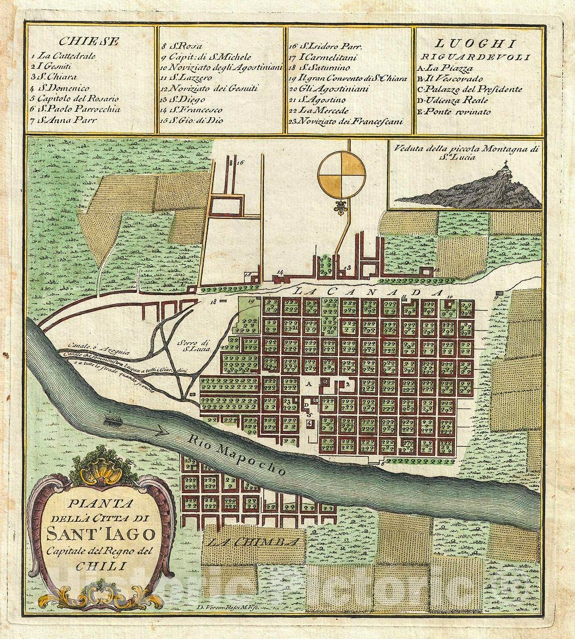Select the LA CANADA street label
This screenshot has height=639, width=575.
(368, 292)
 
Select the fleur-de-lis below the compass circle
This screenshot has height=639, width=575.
(341, 208)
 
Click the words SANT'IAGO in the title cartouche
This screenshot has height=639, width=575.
(101, 532)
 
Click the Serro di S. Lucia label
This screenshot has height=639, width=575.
(192, 345)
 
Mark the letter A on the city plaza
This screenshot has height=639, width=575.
(308, 383)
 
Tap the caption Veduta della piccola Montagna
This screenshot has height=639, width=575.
(464, 149)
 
